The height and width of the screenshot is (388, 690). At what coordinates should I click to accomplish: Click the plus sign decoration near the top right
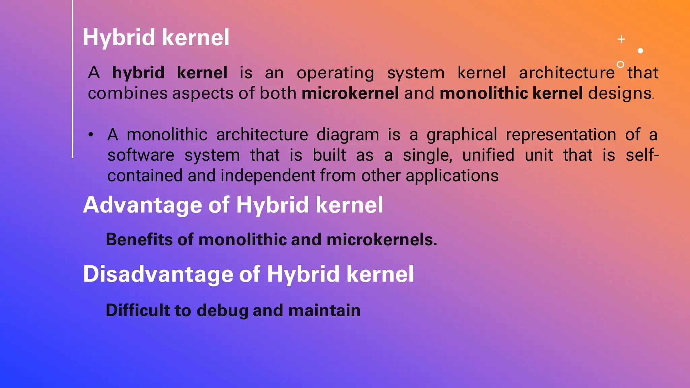click(622, 39)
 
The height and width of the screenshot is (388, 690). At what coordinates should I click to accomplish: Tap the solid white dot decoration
click(640, 51)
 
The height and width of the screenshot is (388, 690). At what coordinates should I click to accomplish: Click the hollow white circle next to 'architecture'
click(620, 64)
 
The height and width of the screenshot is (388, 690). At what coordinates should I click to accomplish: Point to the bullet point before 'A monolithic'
click(91, 135)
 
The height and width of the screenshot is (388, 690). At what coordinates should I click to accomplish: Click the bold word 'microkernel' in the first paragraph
click(350, 93)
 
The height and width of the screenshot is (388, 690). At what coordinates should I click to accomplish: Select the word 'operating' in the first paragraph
click(335, 73)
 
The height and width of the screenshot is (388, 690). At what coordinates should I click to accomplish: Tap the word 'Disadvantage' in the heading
click(158, 274)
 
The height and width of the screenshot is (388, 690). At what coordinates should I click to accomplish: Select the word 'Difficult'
click(137, 310)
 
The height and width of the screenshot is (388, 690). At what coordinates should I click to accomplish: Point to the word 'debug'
click(222, 311)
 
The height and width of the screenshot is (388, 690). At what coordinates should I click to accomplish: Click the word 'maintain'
click(324, 310)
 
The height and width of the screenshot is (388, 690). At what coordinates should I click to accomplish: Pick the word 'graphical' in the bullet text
click(462, 135)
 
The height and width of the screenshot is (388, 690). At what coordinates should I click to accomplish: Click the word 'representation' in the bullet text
click(561, 135)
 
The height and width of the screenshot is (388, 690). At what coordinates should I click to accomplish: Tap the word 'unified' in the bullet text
click(488, 155)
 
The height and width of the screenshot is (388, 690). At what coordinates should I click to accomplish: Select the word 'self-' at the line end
click(642, 155)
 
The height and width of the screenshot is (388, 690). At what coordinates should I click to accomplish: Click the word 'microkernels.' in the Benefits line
click(382, 239)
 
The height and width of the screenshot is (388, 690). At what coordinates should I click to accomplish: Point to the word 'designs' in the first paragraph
click(620, 93)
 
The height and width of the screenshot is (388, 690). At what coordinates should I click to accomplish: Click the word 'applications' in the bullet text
click(452, 175)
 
